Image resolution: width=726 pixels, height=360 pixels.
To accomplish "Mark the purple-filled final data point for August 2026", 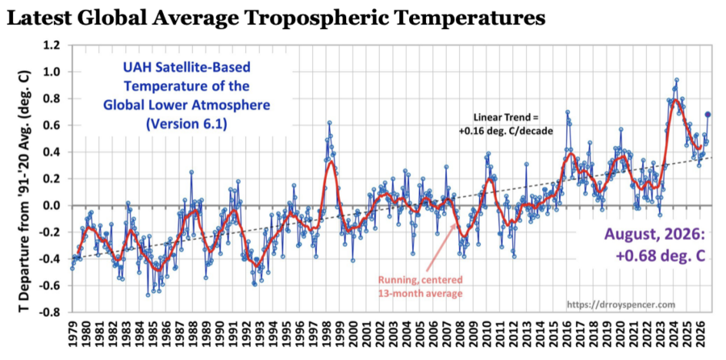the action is click(707, 115).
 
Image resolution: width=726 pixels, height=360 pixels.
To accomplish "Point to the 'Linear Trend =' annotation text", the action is click(505, 118).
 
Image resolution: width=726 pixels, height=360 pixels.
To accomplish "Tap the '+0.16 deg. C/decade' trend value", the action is click(505, 131).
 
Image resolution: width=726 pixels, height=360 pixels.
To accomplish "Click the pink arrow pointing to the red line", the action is click(440, 247).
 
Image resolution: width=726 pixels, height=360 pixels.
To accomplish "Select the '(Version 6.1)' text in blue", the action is click(186, 125).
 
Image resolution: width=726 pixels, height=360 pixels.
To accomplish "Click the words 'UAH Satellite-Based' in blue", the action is click(186, 68).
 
